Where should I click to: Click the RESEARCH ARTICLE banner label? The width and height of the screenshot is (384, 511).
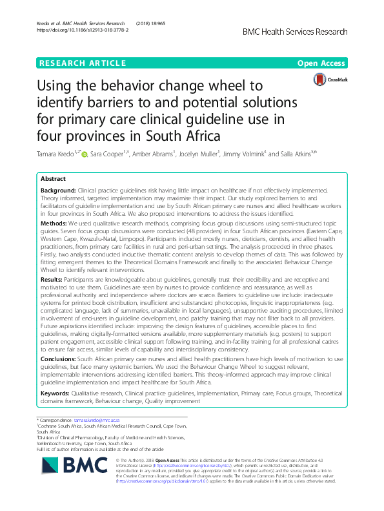coord(82,63)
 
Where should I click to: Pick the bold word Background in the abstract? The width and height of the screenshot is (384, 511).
coord(57,191)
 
